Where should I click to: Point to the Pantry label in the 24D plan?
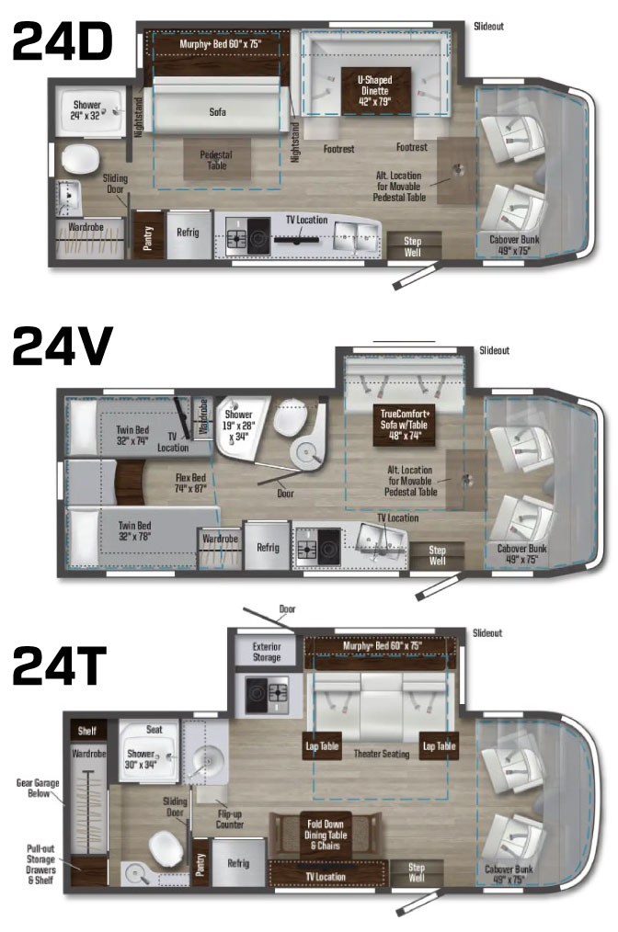coord(145,232)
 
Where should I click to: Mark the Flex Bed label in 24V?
coord(192,483)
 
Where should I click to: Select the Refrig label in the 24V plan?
coord(268,548)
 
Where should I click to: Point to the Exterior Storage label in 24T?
coord(266,651)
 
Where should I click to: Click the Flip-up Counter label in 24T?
coord(230,817)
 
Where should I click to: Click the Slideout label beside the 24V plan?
coord(494,350)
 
